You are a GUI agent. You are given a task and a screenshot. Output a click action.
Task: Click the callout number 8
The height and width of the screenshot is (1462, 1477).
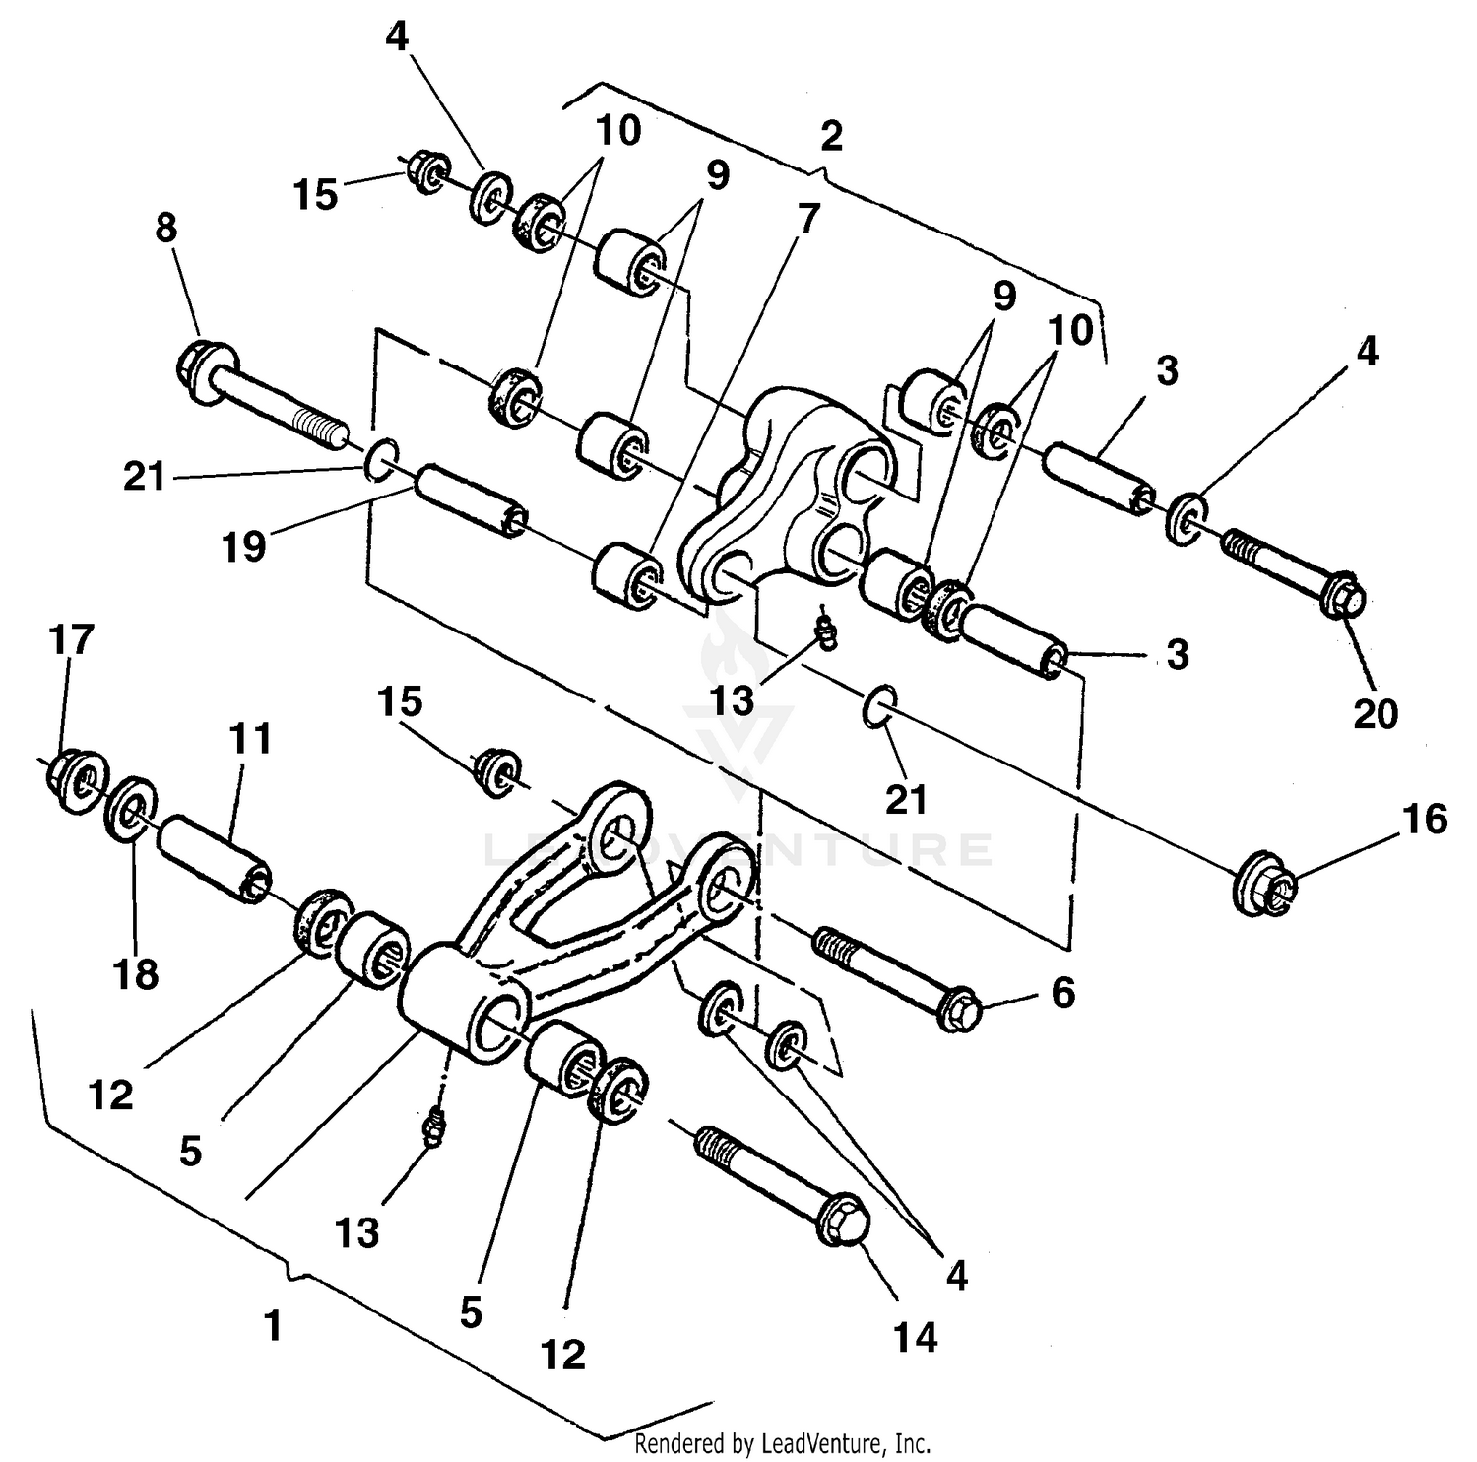coord(166,228)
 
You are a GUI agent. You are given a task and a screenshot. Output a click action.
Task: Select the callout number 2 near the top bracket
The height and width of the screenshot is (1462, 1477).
coord(831,137)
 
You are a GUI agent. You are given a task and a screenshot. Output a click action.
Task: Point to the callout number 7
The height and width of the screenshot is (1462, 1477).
coord(808,219)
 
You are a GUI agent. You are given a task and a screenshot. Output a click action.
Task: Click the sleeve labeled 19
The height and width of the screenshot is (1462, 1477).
coord(471,502)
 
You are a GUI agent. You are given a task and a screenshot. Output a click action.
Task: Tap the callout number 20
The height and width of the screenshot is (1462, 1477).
coord(1376,713)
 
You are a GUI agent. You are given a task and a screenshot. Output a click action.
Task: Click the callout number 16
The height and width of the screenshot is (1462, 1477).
coord(1422,819)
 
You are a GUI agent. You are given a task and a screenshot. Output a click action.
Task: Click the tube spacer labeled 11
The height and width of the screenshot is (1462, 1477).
coord(214,860)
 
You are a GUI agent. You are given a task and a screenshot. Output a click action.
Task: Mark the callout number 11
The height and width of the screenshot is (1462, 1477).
coord(250,738)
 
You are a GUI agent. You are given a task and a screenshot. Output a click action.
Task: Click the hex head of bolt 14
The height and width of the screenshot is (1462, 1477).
coord(843,1224)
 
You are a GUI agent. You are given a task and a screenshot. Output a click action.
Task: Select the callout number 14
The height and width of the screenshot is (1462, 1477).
coord(915,1337)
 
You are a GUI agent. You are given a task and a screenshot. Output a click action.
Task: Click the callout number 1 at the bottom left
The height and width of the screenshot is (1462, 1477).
coord(273,1325)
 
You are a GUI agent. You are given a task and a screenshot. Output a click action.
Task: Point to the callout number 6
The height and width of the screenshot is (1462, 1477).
coord(1063,993)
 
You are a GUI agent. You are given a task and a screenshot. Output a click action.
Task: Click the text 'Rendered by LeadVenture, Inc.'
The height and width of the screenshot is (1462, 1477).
coord(782,1444)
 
